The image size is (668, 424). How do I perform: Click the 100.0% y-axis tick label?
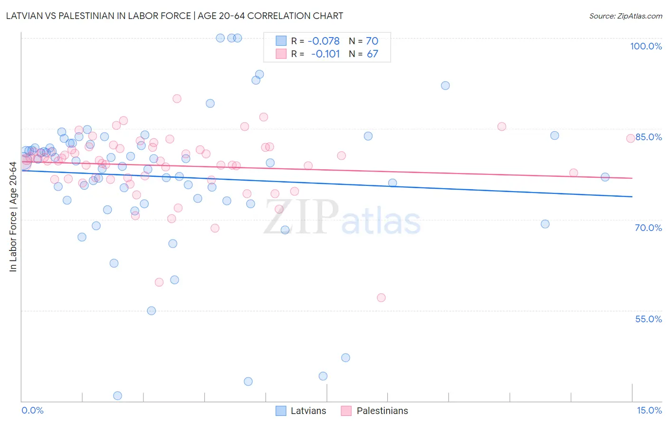coord(646,46)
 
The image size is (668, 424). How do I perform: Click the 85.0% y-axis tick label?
coord(649,137)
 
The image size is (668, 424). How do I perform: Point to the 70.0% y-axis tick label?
coord(648,228)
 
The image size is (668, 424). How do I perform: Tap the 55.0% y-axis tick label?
coord(648,319)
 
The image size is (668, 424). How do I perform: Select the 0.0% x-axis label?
coord(32,410)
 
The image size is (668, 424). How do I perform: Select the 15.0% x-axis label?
coord(649,410)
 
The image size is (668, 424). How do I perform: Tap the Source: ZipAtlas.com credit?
coord(625,16)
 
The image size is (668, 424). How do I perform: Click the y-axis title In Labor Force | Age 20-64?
coord(13,217)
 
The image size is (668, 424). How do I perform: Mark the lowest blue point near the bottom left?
coord(117,395)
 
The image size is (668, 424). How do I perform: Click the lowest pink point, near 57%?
coord(381,298)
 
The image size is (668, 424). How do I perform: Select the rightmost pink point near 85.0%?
coord(630,138)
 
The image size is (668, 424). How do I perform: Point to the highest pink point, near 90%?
coord(177,98)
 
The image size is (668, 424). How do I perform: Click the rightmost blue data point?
coord(605,177)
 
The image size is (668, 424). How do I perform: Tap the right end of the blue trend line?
coord(632,196)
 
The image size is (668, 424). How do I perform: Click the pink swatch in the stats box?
coord(281,54)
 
